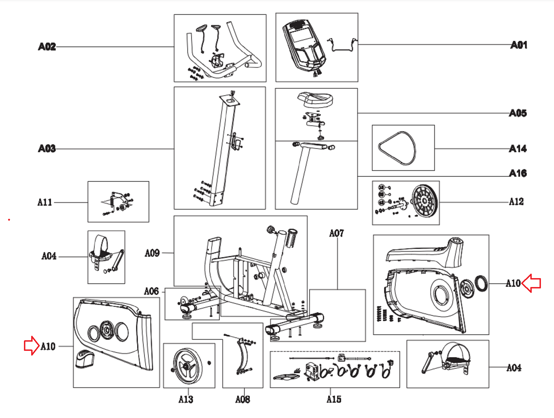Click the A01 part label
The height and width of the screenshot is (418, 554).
[x=519, y=45]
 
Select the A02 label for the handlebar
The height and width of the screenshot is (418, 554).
[x=47, y=47]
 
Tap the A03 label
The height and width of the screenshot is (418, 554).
[x=47, y=149]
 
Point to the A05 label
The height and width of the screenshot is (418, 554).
[x=518, y=113]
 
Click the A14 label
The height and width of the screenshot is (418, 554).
[x=518, y=149]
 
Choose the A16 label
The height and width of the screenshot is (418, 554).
[x=518, y=173]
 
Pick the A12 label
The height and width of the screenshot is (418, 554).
[x=516, y=201]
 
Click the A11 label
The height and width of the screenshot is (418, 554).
[x=45, y=202]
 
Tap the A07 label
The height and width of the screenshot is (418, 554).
[x=337, y=233]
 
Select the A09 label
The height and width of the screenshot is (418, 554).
[x=152, y=253]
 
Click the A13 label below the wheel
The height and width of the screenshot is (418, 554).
[x=186, y=399]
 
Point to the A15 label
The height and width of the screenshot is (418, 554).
[x=334, y=399]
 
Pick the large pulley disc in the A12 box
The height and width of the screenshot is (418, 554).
[x=425, y=201]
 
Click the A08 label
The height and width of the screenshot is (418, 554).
[x=242, y=399]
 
